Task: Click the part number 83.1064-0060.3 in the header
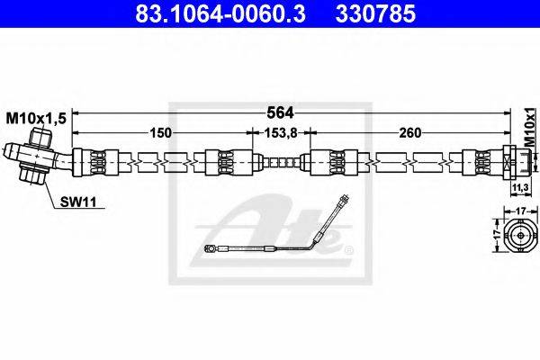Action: click(x=220, y=13)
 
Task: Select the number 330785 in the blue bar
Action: click(x=375, y=13)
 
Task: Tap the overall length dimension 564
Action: click(x=281, y=112)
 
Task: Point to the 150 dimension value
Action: click(x=161, y=132)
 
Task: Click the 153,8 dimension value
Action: click(x=280, y=132)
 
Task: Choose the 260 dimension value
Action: click(x=410, y=132)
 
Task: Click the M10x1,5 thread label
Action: click(x=36, y=119)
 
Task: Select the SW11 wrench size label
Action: click(x=78, y=202)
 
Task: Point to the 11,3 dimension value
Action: click(x=520, y=188)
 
